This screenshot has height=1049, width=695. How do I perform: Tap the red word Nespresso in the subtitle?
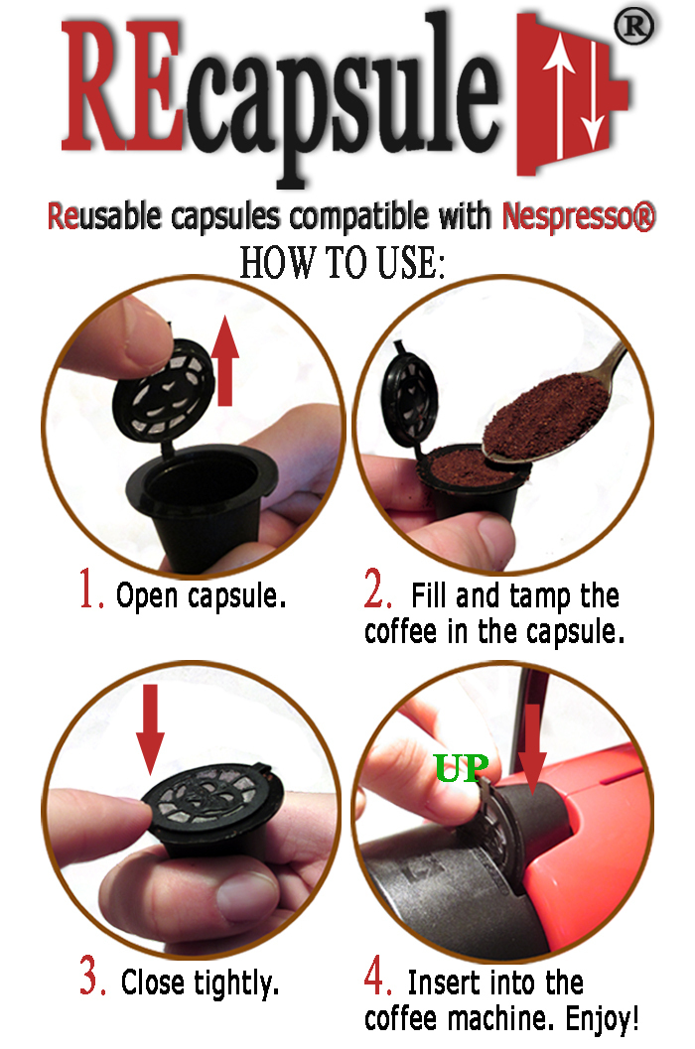pos(569,216)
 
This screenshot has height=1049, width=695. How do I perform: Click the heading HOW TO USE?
pos(343,262)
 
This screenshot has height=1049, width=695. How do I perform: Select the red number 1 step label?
pos(91,590)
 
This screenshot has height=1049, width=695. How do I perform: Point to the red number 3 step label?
pos(92,977)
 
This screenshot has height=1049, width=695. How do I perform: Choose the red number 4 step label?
pos(377,976)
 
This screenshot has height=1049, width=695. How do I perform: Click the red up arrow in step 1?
pos(225,361)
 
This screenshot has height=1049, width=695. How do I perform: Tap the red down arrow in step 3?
pos(150,729)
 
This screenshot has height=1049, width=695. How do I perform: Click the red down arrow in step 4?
pos(533,749)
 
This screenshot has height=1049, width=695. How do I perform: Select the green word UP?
pos(462,768)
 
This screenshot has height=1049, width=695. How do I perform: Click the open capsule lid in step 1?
pos(164,390)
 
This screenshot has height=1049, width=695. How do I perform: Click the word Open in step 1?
pos(147,596)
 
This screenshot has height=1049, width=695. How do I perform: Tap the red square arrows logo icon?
pos(571,93)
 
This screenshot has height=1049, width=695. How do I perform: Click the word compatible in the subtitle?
pos(360,217)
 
